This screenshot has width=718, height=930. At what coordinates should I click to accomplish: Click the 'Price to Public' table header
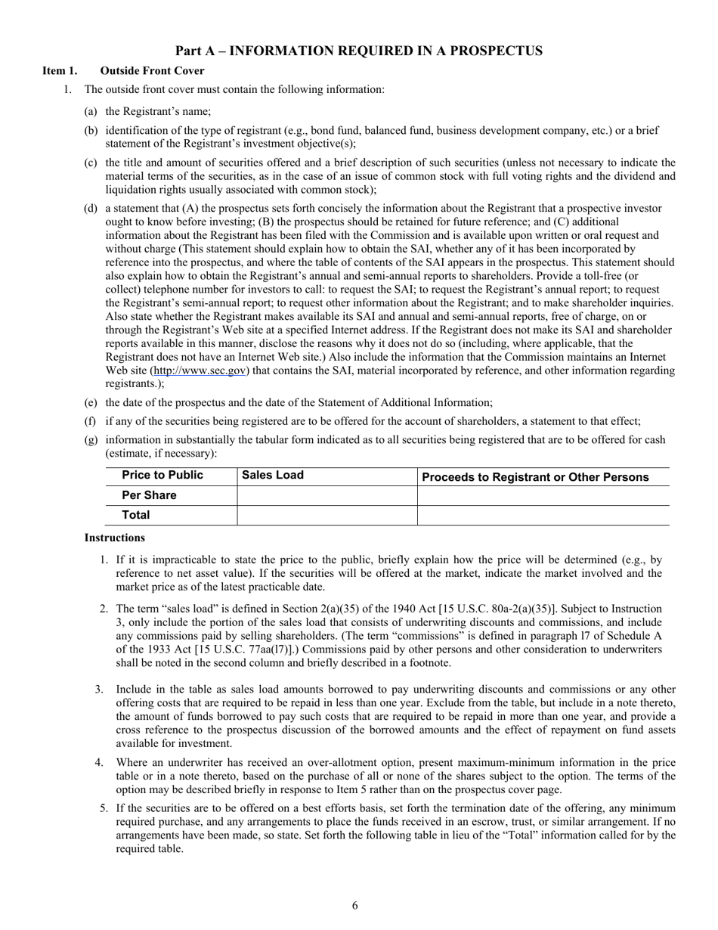162,476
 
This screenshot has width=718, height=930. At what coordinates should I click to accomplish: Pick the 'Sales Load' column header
273,476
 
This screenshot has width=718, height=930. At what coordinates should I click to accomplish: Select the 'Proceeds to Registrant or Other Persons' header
535,477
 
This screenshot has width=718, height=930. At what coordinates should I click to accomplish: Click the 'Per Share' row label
149,496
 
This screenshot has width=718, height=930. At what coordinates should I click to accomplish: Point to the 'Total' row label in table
136,515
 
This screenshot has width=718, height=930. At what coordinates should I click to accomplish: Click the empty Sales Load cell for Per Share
327,496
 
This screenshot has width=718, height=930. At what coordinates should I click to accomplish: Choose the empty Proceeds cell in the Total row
543,516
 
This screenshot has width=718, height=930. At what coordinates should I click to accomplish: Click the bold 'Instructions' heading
114,538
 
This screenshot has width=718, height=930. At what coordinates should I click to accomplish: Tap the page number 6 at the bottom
355,906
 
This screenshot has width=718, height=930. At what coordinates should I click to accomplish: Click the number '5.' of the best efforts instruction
104,808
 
